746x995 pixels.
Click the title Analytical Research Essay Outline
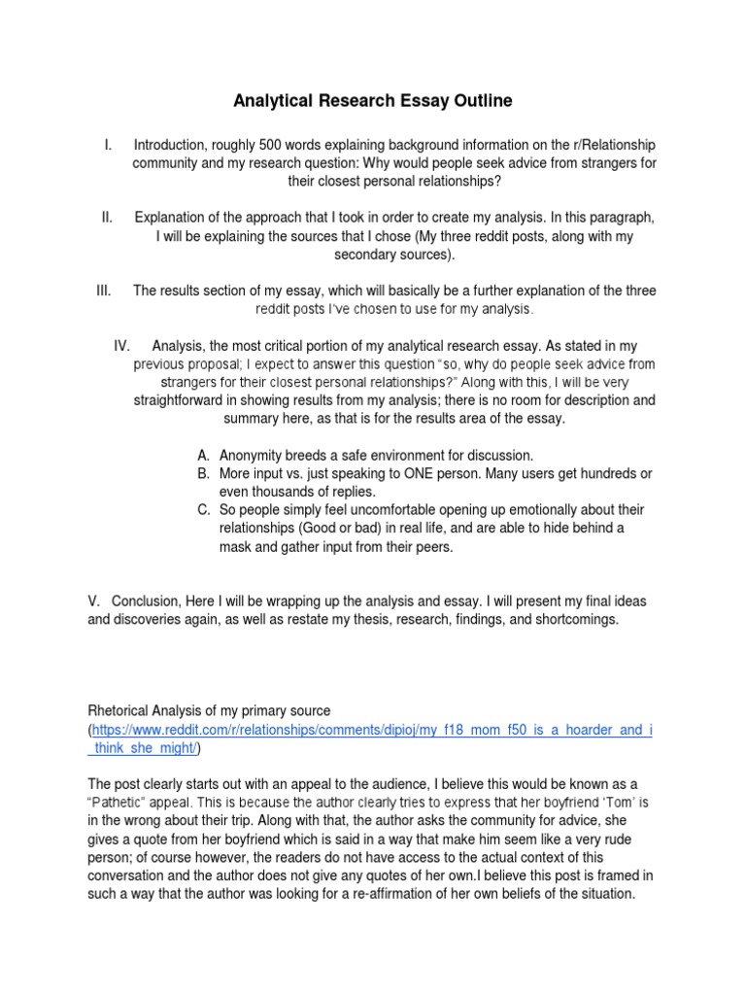pyautogui.click(x=372, y=100)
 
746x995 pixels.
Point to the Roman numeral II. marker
pyautogui.click(x=108, y=216)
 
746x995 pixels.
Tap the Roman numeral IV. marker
pyautogui.click(x=121, y=346)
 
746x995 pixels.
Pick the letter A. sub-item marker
pyautogui.click(x=203, y=455)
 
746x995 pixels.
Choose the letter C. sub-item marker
pyautogui.click(x=203, y=510)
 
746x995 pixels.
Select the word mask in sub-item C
pyautogui.click(x=238, y=547)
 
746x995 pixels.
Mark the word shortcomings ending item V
pyautogui.click(x=567, y=620)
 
